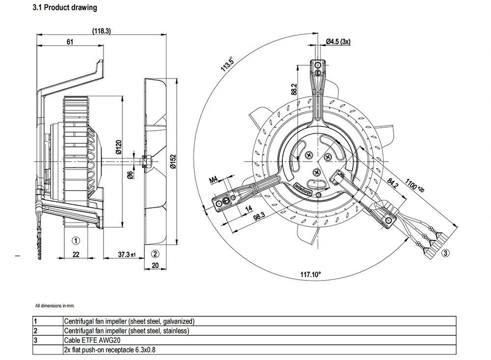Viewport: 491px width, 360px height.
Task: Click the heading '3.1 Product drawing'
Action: [64, 8]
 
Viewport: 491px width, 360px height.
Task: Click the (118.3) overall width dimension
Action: [102, 30]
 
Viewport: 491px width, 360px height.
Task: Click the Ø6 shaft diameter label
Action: [131, 175]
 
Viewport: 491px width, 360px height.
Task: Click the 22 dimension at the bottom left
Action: [76, 254]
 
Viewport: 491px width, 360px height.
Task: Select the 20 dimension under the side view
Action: [156, 265]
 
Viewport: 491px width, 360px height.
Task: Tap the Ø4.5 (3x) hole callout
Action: [338, 42]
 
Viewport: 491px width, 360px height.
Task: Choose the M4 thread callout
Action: [215, 180]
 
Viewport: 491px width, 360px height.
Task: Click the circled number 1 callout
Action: [76, 241]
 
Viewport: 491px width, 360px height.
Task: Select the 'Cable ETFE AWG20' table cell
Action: [92, 340]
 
